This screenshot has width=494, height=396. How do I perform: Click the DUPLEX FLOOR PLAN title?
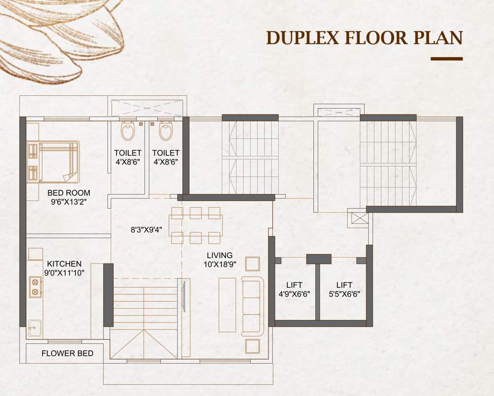click(364, 39)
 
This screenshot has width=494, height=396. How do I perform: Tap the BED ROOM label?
click(69, 193)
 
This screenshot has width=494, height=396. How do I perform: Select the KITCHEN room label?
click(64, 263)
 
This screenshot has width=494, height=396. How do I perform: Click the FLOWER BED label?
click(67, 353)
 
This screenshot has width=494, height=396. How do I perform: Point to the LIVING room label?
click(220, 255)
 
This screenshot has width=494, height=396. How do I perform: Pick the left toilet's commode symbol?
click(128, 131)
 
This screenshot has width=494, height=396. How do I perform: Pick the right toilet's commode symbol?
click(166, 131)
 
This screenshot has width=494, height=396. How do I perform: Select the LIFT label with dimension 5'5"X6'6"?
click(344, 285)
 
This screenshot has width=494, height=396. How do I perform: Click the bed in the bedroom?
click(53, 161)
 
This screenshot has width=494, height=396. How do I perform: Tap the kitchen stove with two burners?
click(35, 287)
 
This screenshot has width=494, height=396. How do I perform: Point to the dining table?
click(196, 225)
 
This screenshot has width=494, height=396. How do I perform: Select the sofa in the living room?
click(252, 306)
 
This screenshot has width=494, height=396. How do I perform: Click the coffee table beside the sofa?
click(227, 305)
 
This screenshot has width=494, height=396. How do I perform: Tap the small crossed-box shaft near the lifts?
click(360, 218)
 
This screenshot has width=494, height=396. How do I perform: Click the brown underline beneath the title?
click(446, 59)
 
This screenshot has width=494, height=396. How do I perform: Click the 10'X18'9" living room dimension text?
click(220, 265)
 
